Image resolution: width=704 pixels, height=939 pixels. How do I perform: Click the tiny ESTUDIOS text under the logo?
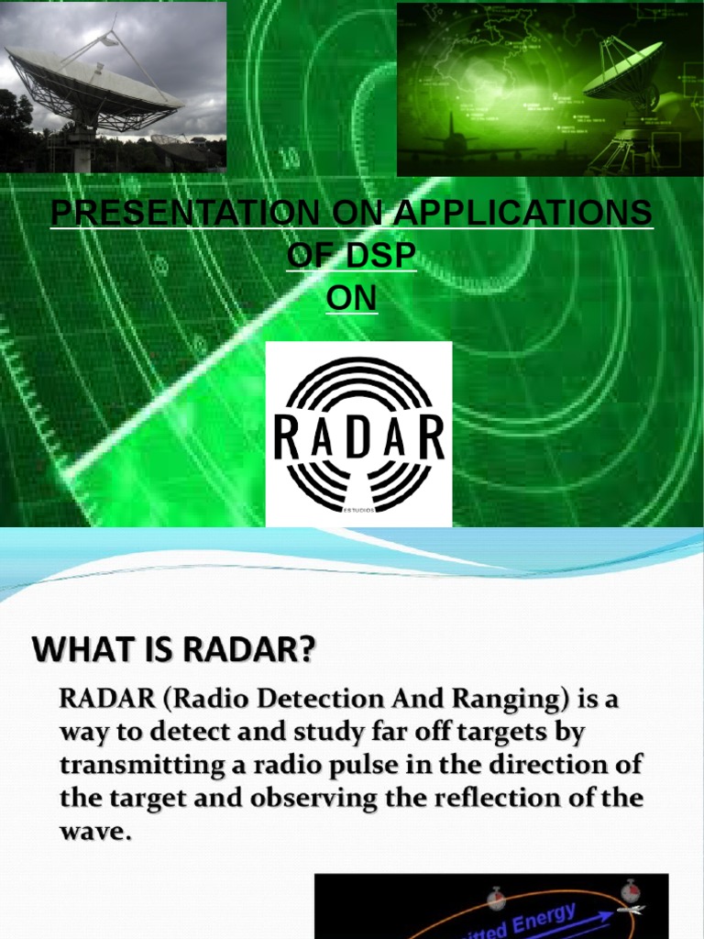point(358,518)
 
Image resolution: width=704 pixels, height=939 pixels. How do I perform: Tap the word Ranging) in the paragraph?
point(511,700)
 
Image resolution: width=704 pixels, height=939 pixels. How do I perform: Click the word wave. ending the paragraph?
point(90,831)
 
